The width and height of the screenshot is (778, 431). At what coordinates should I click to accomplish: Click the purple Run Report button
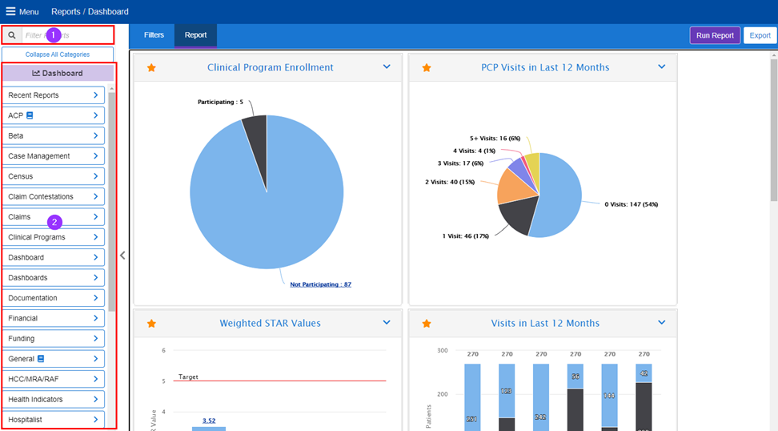pyautogui.click(x=715, y=35)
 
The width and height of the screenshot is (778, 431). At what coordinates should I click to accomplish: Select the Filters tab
pyautogui.click(x=154, y=35)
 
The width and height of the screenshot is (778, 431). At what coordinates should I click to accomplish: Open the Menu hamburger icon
pyautogui.click(x=10, y=12)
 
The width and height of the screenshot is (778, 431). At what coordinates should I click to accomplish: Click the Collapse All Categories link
pyautogui.click(x=58, y=54)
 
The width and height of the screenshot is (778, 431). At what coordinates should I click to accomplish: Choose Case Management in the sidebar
pyautogui.click(x=53, y=156)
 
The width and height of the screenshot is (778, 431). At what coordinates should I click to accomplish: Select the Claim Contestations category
pyautogui.click(x=53, y=196)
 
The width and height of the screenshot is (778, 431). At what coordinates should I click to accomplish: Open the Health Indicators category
pyautogui.click(x=53, y=399)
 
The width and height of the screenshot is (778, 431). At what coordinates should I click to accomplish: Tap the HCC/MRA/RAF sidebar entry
pyautogui.click(x=53, y=379)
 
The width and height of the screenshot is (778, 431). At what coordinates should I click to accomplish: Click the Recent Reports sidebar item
pyautogui.click(x=53, y=95)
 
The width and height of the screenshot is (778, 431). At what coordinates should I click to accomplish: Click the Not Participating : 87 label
pyautogui.click(x=320, y=284)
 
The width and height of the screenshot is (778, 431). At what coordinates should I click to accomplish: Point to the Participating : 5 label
pyautogui.click(x=220, y=102)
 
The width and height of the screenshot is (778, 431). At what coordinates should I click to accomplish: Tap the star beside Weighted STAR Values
pyautogui.click(x=151, y=324)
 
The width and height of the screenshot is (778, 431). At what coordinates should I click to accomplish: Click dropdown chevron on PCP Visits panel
pyautogui.click(x=661, y=67)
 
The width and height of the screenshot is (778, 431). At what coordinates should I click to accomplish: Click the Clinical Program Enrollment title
pyautogui.click(x=270, y=67)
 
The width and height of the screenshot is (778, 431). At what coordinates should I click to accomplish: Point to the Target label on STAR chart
pyautogui.click(x=188, y=377)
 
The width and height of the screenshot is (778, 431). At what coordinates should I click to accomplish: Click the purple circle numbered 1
pyautogui.click(x=53, y=35)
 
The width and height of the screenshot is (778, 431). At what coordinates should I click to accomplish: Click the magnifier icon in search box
pyautogui.click(x=12, y=35)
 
